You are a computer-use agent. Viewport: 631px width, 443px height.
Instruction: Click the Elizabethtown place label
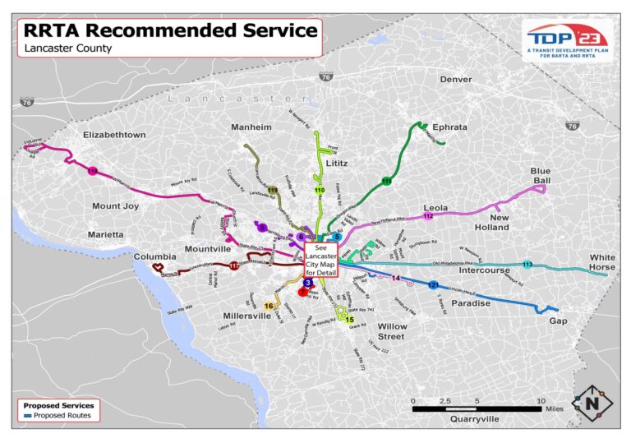coord(114,135)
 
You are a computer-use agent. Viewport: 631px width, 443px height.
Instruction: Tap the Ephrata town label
coord(449,127)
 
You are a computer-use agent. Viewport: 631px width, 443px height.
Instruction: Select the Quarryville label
coord(474,418)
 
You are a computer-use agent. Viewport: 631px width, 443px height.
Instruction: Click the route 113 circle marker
coord(527,265)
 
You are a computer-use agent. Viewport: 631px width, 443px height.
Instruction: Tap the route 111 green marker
coord(386,181)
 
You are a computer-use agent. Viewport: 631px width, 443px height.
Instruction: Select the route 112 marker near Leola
coord(427,216)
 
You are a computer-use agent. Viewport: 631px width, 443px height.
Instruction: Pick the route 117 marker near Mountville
coord(234,265)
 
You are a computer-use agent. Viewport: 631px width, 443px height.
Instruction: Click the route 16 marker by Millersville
coord(269,306)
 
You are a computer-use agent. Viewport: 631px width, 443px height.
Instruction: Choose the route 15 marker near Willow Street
coord(349,319)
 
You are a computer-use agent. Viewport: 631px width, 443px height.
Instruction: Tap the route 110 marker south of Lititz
coord(320,191)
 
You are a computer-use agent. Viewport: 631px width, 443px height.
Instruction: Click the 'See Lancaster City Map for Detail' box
coord(320,256)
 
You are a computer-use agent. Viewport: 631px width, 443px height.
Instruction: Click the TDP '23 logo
coord(568,39)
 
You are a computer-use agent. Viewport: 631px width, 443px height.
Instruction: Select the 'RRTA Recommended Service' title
coord(170,30)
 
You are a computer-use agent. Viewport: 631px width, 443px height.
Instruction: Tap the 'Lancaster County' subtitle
coord(68,48)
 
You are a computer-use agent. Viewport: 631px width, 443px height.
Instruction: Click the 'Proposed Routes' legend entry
coord(62,416)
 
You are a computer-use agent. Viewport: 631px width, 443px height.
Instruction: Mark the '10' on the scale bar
coord(541,400)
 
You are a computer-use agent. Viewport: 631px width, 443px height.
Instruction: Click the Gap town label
coord(558,321)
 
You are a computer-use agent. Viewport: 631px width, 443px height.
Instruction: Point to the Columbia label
coord(155,256)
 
